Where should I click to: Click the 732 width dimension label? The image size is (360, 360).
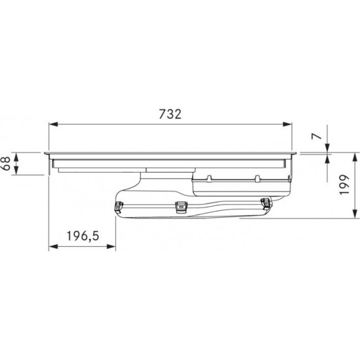click(170, 114)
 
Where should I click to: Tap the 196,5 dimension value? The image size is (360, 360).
click(82, 236)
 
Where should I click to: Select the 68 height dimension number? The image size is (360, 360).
click(7, 164)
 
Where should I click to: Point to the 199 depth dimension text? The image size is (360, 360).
click(344, 185)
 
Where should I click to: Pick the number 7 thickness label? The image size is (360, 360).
click(317, 136)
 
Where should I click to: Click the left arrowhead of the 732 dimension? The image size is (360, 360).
click(53, 124)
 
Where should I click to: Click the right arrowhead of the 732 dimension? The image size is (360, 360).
click(287, 124)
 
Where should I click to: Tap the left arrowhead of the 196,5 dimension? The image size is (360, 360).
click(53, 247)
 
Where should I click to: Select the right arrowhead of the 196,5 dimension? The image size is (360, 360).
click(111, 247)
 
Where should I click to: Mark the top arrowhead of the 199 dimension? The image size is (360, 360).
click(355, 158)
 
